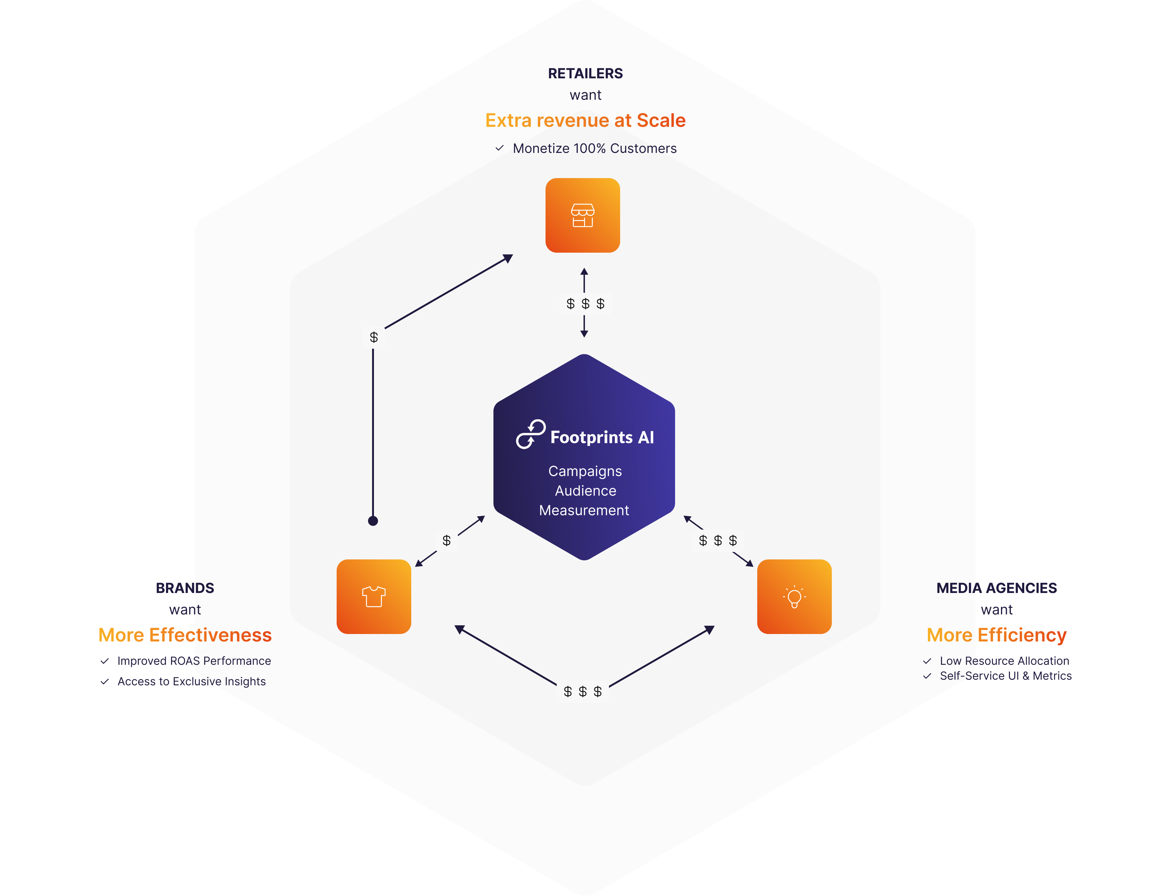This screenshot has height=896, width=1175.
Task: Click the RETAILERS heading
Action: pyautogui.click(x=585, y=74)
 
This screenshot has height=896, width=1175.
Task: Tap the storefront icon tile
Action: pyautogui.click(x=583, y=215)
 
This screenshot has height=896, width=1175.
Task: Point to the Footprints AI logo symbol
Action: pyautogui.click(x=530, y=434)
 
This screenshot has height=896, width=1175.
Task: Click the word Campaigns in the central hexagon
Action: pyautogui.click(x=585, y=471)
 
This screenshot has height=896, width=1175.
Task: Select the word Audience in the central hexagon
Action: pyautogui.click(x=585, y=491)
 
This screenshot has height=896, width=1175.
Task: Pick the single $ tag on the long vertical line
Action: pyautogui.click(x=373, y=338)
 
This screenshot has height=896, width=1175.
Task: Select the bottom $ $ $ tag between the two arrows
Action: pyautogui.click(x=583, y=692)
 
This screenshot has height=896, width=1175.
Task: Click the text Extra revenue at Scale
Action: pyautogui.click(x=585, y=121)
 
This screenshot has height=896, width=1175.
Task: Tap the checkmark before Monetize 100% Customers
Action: pyautogui.click(x=499, y=148)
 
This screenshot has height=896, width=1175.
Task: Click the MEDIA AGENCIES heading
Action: pyautogui.click(x=996, y=588)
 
